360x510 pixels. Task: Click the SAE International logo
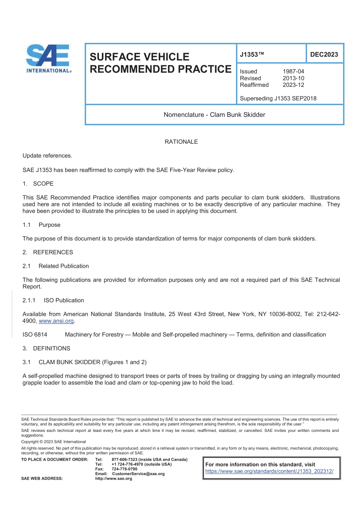coord(48,58)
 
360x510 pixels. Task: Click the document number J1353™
coord(252,55)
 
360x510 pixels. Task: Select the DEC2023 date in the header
coord(324,55)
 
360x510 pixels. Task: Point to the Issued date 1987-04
coord(293,71)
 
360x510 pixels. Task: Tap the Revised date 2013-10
coord(293,78)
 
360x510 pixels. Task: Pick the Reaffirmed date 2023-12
coord(293,85)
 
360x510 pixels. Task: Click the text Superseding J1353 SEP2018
coord(278,99)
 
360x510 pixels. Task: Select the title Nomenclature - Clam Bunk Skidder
coord(214,115)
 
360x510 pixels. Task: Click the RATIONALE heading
coord(181,142)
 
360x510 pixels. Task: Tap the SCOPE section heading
coord(43,184)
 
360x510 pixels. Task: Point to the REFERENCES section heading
coord(53,253)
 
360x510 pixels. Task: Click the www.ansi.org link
coord(56,321)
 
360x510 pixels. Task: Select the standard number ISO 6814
coord(35,335)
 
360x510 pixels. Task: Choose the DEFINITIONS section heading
coord(52,348)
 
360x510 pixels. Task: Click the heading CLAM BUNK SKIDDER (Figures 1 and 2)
coord(92,362)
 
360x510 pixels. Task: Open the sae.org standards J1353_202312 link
coord(269,471)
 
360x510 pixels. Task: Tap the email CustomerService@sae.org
coord(138,474)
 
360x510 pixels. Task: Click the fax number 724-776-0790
coord(124,469)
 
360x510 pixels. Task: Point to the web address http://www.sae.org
coord(114,479)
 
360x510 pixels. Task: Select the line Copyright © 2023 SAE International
coord(53,442)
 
